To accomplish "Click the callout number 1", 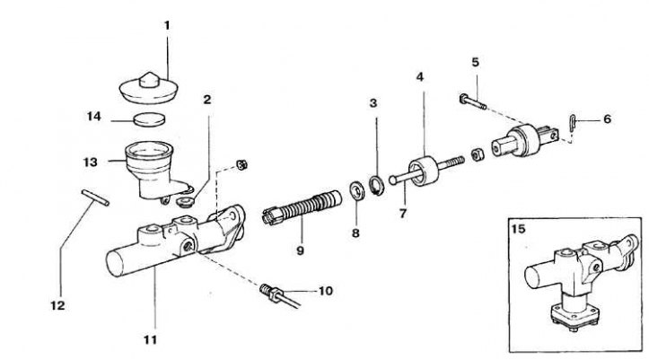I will click(x=166, y=26).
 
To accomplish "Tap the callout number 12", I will click(x=58, y=305).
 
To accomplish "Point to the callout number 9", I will click(x=301, y=250).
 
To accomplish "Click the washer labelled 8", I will click(x=355, y=189).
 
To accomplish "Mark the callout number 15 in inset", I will click(x=518, y=230).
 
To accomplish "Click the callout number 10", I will click(x=325, y=290).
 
